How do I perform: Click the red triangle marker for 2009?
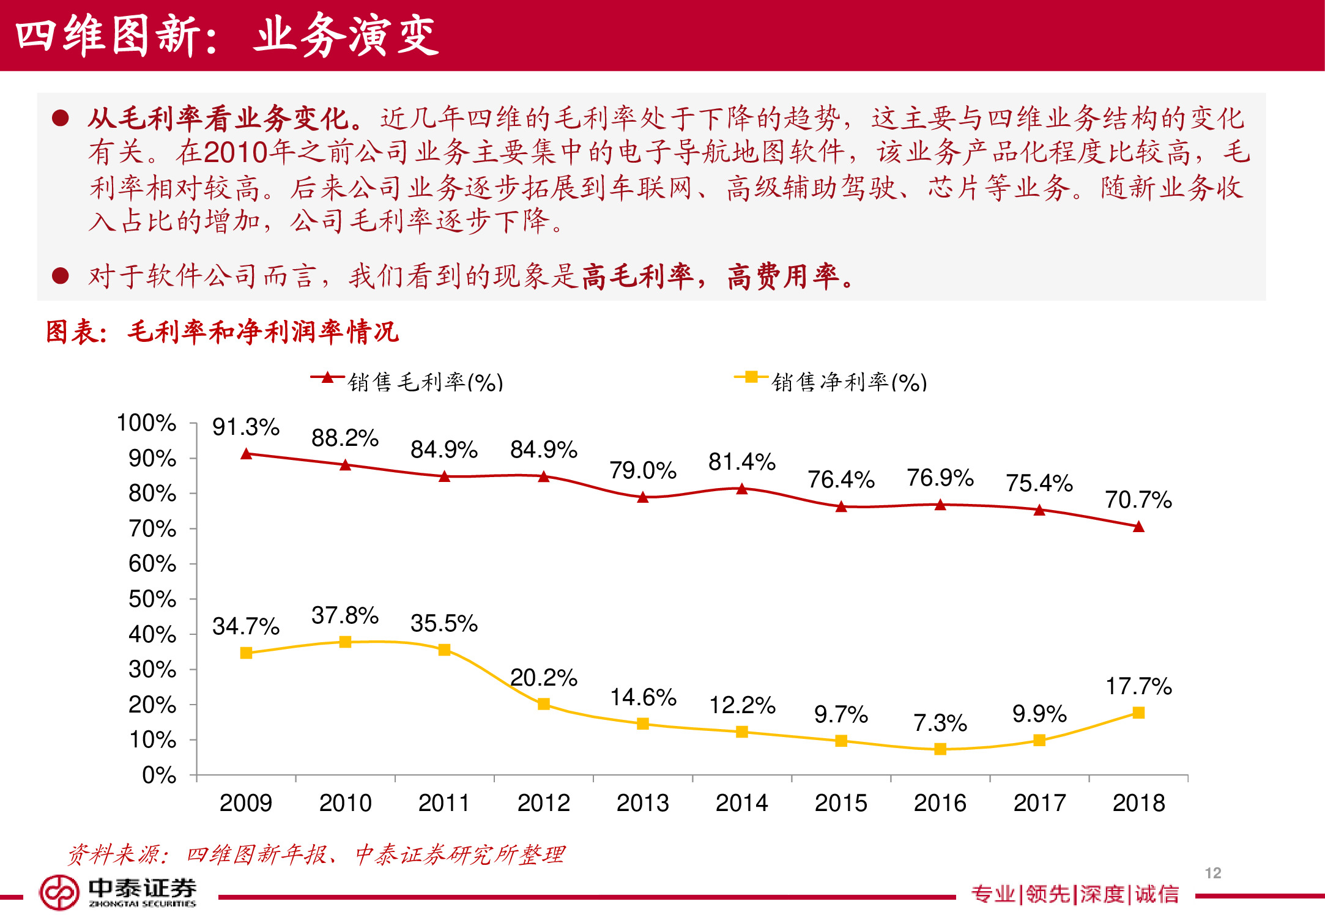click(247, 454)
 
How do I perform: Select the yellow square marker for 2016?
click(940, 749)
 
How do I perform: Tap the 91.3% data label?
click(245, 427)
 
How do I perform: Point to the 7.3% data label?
click(940, 723)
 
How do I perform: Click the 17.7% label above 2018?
click(1138, 686)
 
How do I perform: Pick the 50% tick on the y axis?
click(152, 599)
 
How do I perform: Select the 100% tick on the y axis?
click(146, 423)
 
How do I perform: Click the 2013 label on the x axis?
click(642, 802)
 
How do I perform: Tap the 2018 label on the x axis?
click(1138, 802)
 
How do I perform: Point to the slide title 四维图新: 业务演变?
click(226, 35)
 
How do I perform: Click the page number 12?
click(1212, 873)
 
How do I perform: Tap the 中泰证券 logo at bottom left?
click(118, 892)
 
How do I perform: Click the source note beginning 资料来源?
click(316, 854)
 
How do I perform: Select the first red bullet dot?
click(60, 117)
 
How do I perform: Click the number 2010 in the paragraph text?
click(236, 152)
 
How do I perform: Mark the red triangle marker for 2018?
click(1138, 527)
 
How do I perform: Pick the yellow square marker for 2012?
click(543, 704)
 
